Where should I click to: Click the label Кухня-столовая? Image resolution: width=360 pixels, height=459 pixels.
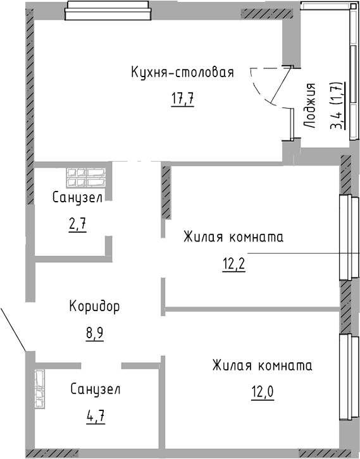(182, 72)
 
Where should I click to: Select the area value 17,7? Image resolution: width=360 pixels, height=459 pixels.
(182, 99)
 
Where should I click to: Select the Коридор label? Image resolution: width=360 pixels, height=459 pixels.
(94, 307)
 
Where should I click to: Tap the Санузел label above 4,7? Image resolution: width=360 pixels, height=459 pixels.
(95, 389)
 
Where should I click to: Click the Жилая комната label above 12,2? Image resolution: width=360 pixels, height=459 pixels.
(233, 237)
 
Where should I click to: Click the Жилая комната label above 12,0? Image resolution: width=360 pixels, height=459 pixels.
(262, 365)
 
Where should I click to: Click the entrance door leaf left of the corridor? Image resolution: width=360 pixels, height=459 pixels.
(13, 329)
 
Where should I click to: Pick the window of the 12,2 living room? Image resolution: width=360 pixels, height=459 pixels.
(345, 237)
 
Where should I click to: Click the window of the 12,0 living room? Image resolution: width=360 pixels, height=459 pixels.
(345, 378)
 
